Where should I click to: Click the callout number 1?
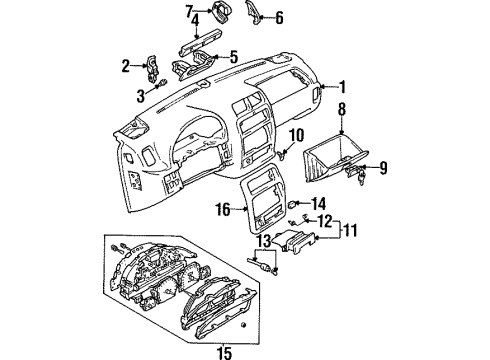(x=345, y=87)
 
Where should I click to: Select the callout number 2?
(x=126, y=67)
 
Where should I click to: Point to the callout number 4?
(x=195, y=18)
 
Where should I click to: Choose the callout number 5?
(x=233, y=56)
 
